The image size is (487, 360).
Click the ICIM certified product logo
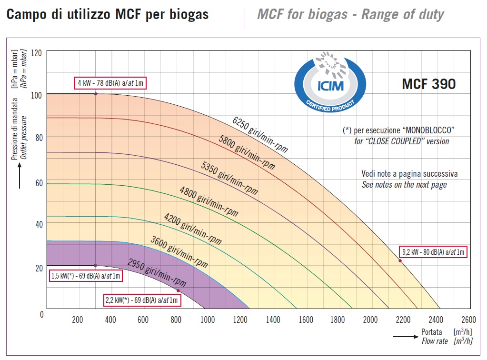coord(330,82)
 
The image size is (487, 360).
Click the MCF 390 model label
coord(428,84)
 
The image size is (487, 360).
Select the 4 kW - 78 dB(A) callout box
coord(110,83)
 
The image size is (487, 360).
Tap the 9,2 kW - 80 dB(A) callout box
coord(433,252)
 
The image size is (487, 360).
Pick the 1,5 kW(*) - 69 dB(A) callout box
coord(85,276)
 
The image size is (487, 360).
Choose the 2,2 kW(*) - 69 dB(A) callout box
coord(142,300)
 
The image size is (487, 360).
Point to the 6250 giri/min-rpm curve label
coord(260,135)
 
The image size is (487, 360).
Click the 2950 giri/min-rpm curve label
coord(157,272)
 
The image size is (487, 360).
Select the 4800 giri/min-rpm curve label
coord(209,201)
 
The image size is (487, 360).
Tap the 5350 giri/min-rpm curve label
coord(229,178)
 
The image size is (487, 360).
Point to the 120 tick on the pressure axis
coord(36,53)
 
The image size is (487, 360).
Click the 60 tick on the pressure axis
coord(39,183)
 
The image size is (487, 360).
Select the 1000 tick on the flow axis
coord(208,320)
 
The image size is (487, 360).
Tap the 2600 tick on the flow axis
coord(469,320)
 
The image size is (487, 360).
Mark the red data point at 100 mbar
coord(96,94)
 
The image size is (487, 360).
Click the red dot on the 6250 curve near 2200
coord(400,260)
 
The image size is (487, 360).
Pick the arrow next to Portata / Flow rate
coord(406,337)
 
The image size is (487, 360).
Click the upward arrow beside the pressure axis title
coord(20,176)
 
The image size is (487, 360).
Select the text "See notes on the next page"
coord(404,185)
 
